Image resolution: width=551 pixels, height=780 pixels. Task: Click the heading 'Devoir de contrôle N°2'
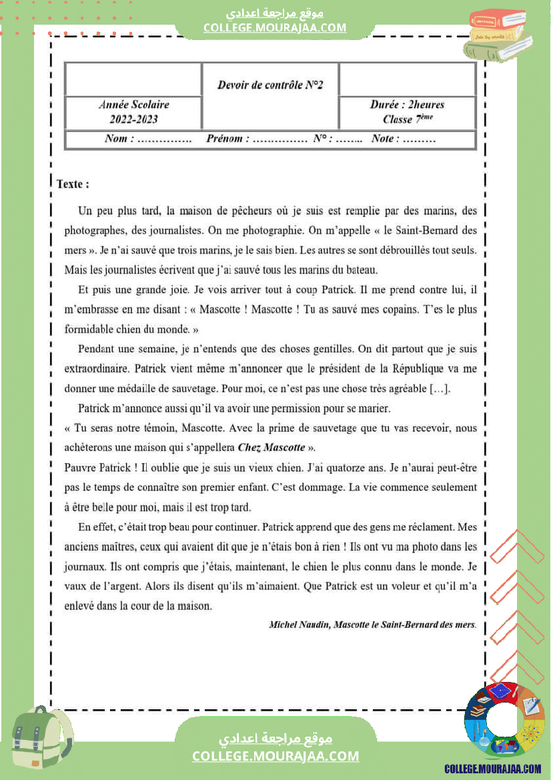(270, 85)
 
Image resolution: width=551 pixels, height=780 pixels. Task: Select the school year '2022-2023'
(134, 119)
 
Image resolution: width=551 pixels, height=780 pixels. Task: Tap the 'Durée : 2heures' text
(407, 105)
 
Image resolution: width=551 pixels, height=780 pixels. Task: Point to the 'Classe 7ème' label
(407, 119)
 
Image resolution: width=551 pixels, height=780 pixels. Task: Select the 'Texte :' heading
(73, 183)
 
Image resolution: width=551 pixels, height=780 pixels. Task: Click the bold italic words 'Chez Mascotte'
(271, 447)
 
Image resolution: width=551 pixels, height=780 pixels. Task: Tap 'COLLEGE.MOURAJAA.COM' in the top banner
(275, 27)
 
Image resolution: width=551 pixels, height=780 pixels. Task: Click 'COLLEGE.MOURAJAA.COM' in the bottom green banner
(275, 756)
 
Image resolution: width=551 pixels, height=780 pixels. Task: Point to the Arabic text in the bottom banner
(275, 738)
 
